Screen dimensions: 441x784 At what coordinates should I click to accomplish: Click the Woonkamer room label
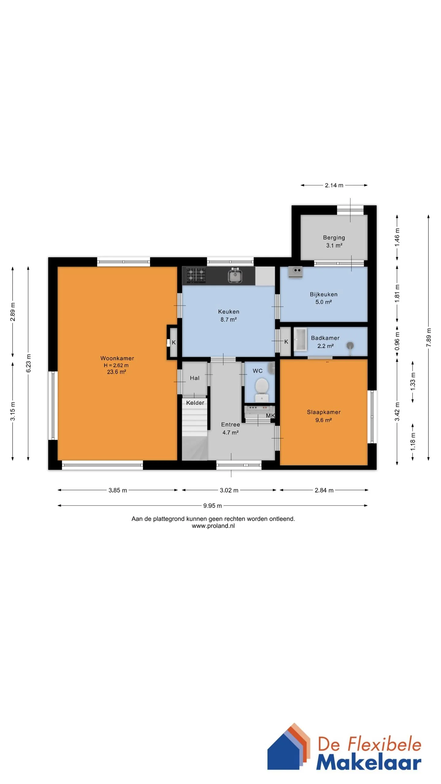point(117,358)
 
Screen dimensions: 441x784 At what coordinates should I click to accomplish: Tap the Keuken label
point(228,311)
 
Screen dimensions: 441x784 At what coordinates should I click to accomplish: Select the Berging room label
point(334,238)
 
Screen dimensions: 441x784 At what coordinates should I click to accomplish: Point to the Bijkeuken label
point(323,294)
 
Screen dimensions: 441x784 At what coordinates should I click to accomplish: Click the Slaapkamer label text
point(324,412)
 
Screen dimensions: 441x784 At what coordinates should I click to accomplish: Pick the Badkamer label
point(325,338)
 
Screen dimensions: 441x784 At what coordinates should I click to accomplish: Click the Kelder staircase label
point(195,403)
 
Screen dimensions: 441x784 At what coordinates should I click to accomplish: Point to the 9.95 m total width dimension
point(213,506)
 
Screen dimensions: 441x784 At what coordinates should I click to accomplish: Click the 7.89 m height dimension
point(428,337)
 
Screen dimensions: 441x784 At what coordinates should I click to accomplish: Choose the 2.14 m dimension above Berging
point(334,185)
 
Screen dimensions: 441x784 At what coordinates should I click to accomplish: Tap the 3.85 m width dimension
point(118,490)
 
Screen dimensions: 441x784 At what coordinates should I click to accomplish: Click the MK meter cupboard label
point(270,416)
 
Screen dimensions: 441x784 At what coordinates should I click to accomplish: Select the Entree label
point(231,424)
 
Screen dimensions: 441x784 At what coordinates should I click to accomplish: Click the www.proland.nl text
point(213,526)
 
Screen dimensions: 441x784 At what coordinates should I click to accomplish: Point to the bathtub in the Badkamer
point(300,339)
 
